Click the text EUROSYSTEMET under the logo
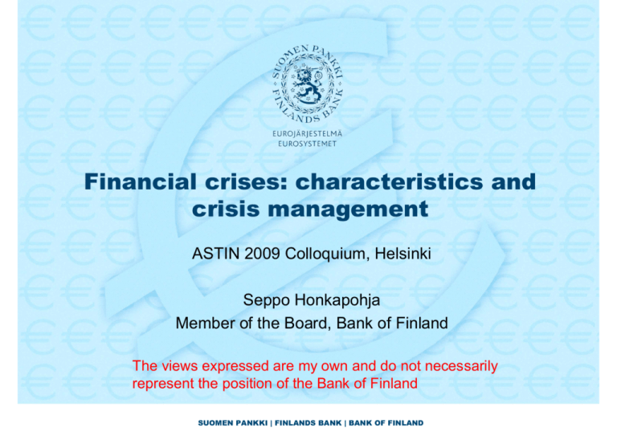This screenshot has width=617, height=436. coord(310,147)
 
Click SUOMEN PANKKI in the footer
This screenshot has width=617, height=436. coord(234,422)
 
